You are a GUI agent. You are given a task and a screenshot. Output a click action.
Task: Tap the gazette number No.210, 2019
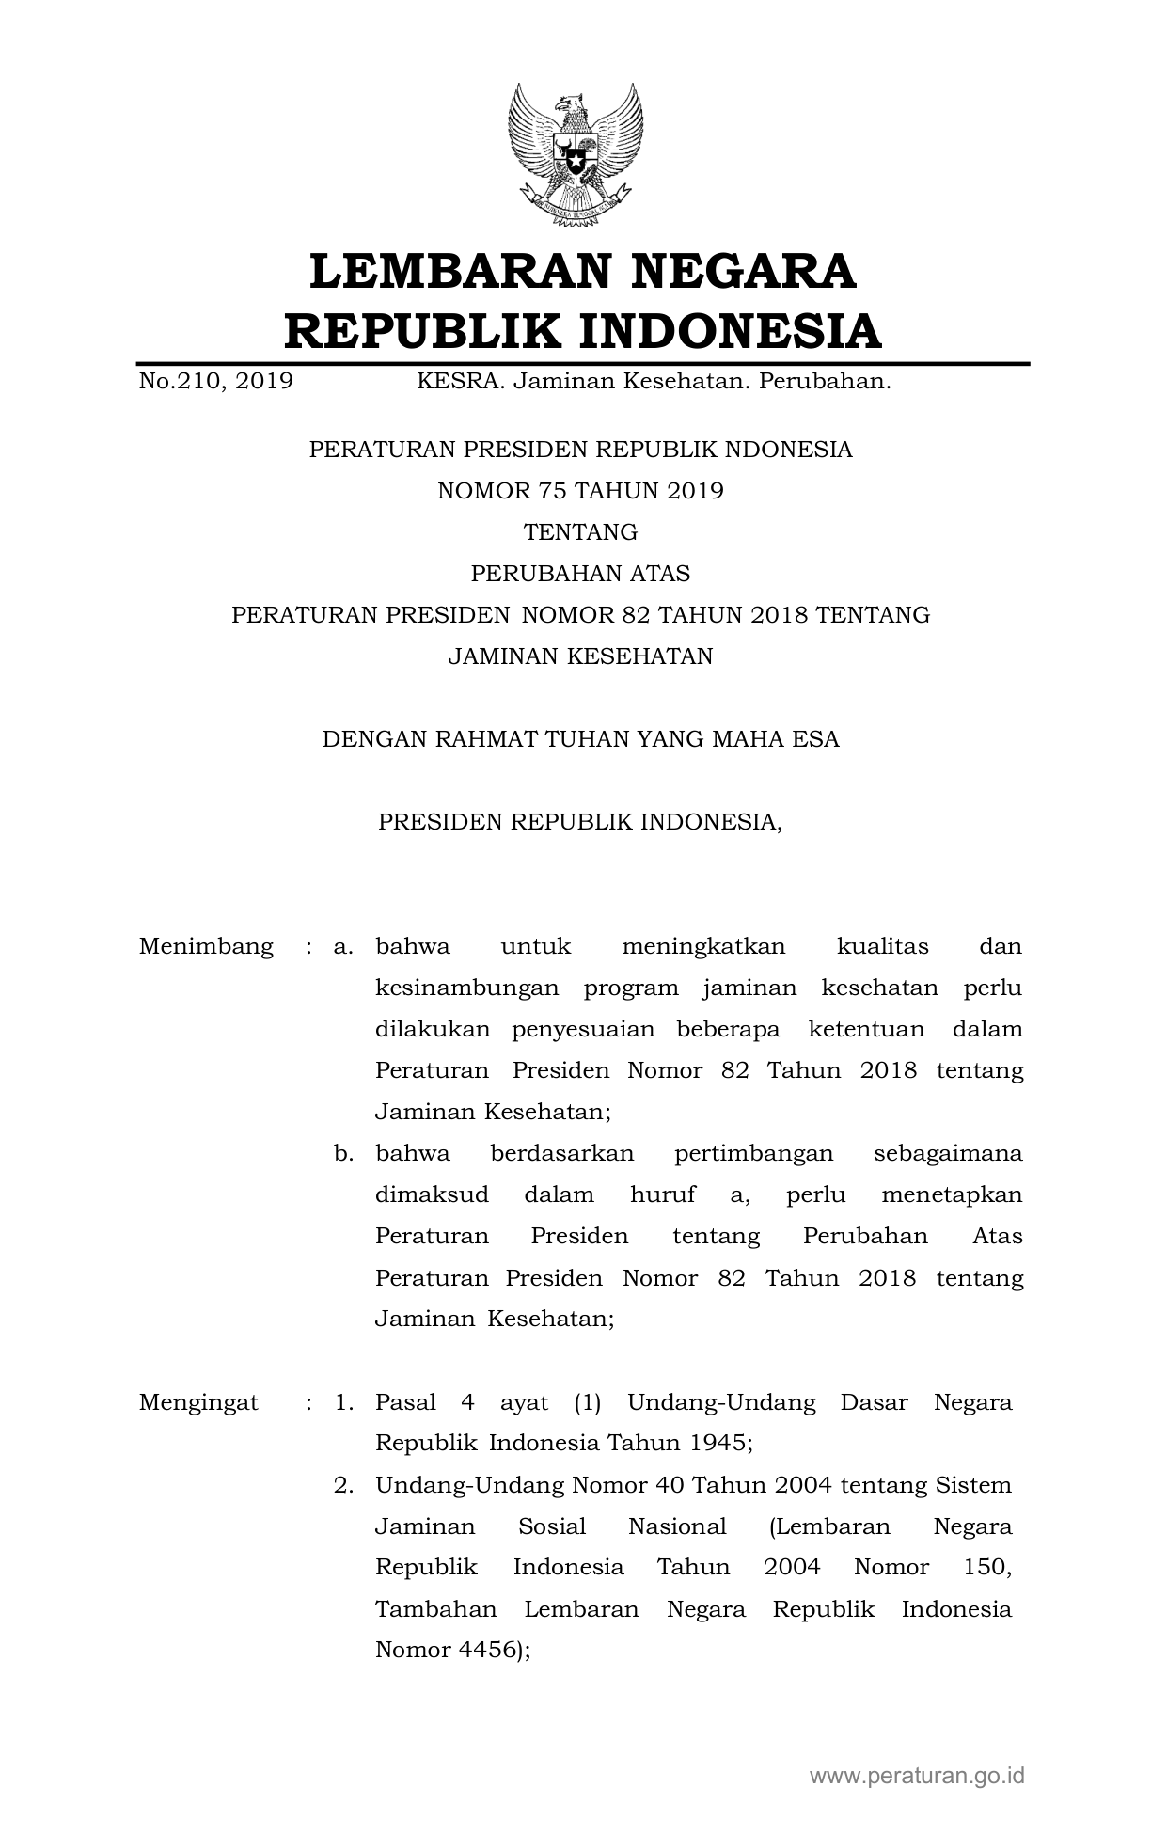(215, 382)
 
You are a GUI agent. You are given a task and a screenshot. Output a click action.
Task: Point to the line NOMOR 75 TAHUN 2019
(581, 491)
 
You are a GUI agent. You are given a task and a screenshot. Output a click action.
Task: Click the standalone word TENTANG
(581, 532)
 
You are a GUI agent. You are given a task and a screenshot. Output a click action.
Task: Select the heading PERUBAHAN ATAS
(581, 574)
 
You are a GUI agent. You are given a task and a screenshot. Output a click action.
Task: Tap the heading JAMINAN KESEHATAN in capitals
(581, 656)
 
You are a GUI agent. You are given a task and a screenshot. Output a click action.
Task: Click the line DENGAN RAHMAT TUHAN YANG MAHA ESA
(581, 739)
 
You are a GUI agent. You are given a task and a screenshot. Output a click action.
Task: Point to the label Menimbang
(206, 946)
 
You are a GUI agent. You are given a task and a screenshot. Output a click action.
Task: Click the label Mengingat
(198, 1403)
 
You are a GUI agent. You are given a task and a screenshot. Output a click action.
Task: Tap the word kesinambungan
(466, 988)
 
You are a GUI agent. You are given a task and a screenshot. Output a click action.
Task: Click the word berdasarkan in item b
(562, 1154)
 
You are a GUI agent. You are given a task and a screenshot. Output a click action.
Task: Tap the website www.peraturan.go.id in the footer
(917, 1777)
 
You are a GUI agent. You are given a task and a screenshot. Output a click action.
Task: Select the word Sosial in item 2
(552, 1526)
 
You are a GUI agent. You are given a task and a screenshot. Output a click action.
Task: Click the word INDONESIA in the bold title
(729, 331)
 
